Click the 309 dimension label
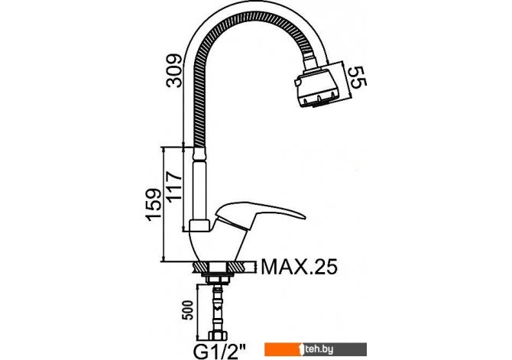pos(174,70)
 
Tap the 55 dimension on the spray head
pos(356,77)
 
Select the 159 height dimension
pos(154,205)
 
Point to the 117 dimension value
pos(173,186)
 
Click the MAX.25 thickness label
pos(300,268)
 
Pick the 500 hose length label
pos(189,310)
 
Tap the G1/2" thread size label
pos(220,352)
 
